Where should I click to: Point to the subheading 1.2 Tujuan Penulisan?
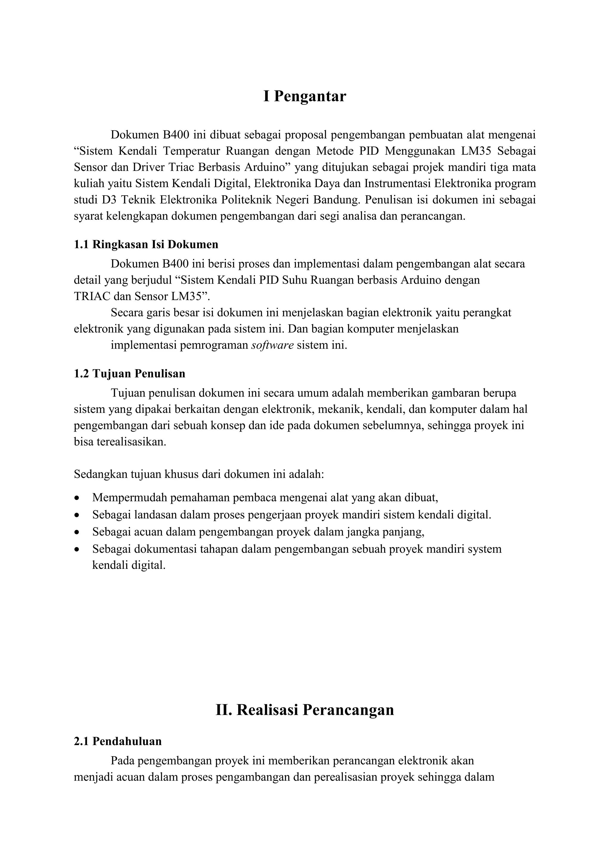pyautogui.click(x=129, y=374)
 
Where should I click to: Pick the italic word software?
pyautogui.click(x=272, y=345)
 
